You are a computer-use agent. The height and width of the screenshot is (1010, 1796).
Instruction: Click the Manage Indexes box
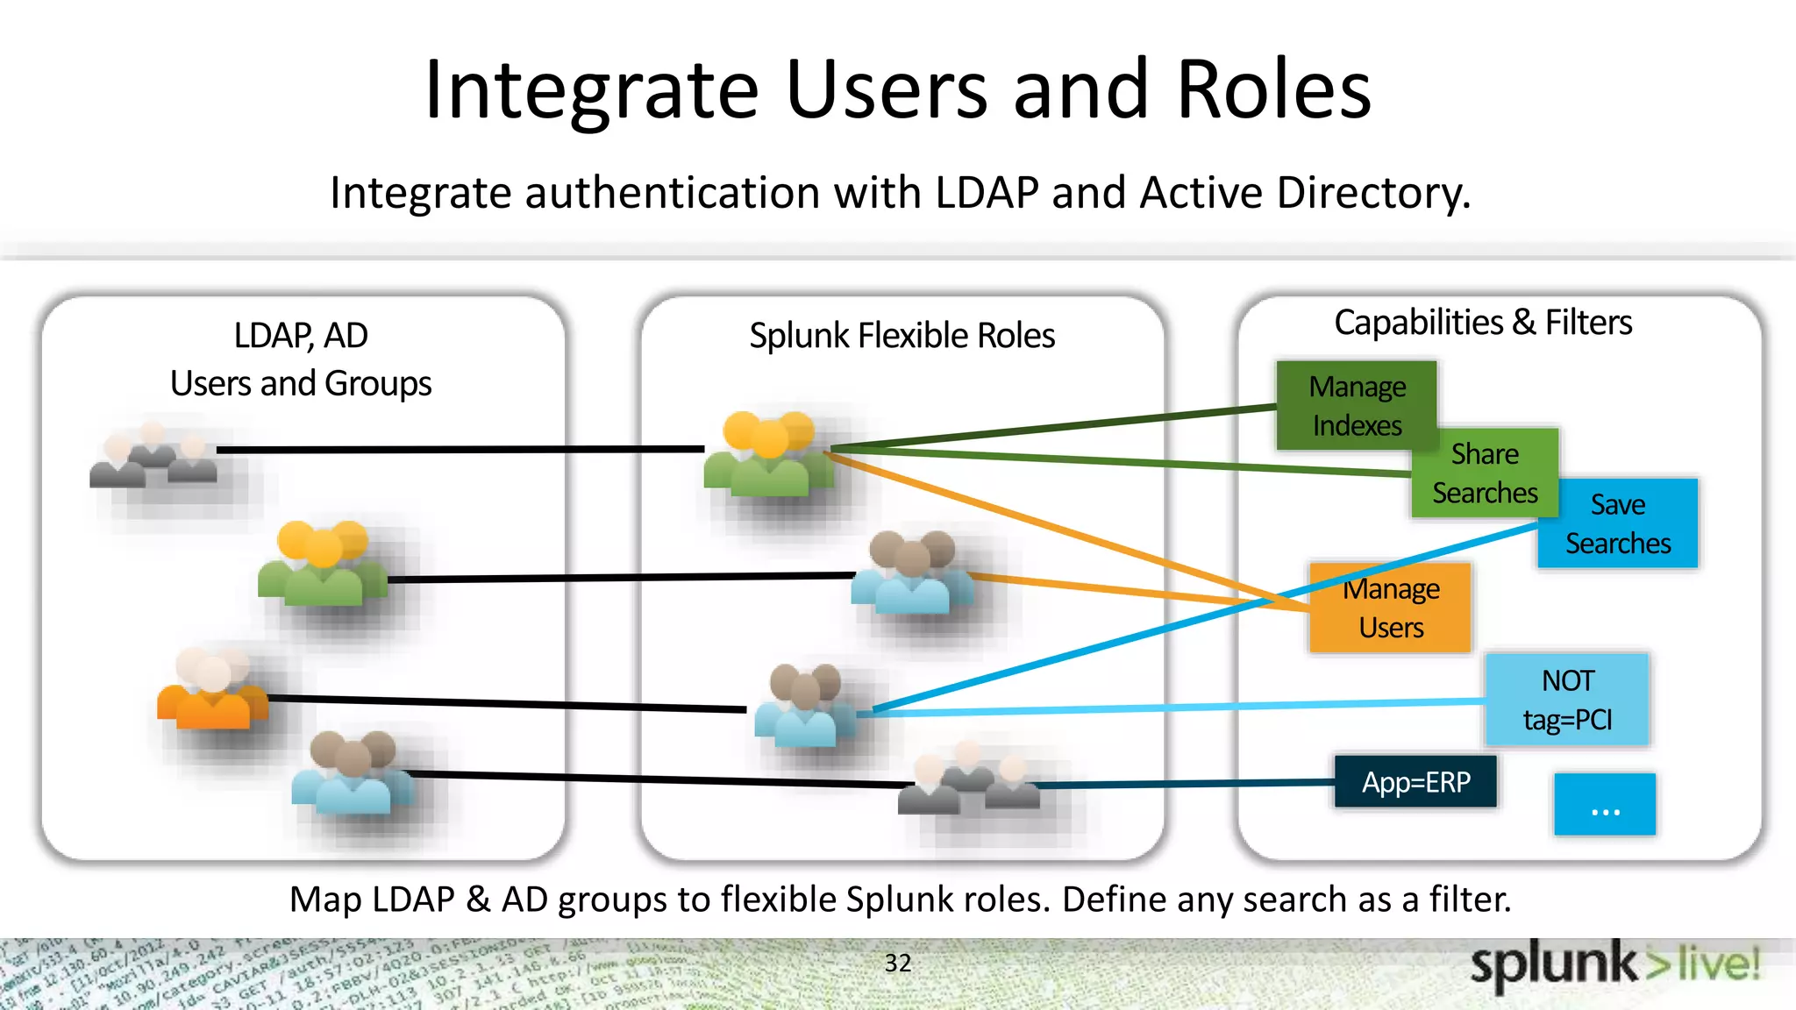pyautogui.click(x=1356, y=405)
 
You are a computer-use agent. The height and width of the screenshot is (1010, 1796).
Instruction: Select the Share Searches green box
pyautogui.click(x=1485, y=473)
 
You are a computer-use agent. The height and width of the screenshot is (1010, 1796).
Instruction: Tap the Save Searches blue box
pyautogui.click(x=1618, y=523)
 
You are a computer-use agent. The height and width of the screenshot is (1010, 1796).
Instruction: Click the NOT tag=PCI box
pyautogui.click(x=1567, y=700)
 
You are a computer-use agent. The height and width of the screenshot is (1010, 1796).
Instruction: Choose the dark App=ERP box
pyautogui.click(x=1415, y=781)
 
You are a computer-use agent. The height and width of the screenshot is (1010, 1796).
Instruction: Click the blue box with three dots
pyautogui.click(x=1605, y=804)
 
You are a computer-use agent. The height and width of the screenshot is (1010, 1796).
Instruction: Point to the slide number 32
pyautogui.click(x=897, y=963)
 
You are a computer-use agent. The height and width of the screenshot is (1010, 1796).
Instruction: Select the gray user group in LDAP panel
pyautogui.click(x=153, y=456)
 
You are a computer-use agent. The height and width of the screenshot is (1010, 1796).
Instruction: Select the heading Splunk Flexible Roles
pyautogui.click(x=902, y=336)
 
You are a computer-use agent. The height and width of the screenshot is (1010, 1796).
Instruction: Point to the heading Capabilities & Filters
pyautogui.click(x=1483, y=323)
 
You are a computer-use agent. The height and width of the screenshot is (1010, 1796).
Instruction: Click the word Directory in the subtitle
pyautogui.click(x=1372, y=193)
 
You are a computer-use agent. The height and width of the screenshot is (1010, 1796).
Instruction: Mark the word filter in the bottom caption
pyautogui.click(x=1469, y=900)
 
